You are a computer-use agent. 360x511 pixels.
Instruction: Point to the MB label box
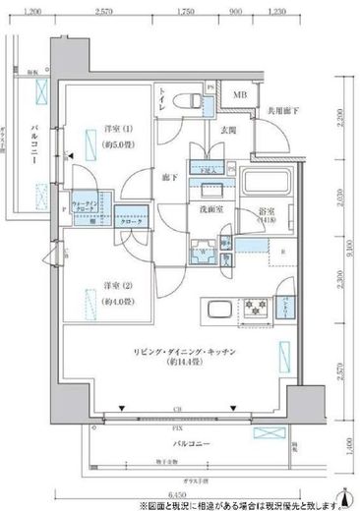[240, 94]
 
